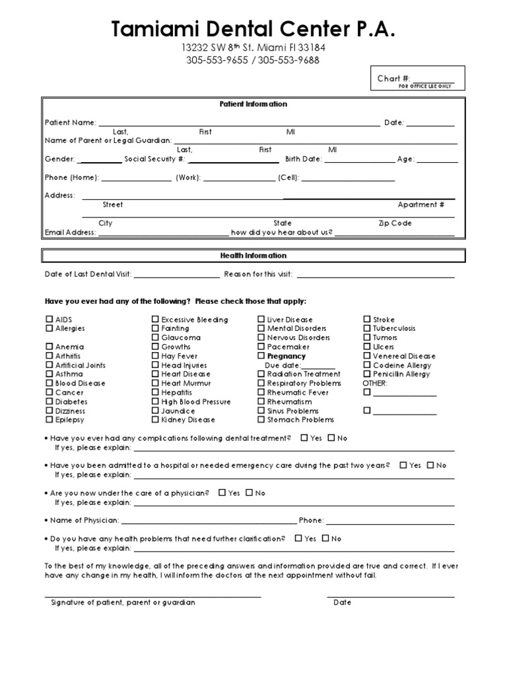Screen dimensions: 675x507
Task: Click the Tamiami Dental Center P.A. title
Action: point(253,29)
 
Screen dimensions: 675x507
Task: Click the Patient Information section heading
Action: point(253,104)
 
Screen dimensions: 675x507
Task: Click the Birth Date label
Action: point(303,159)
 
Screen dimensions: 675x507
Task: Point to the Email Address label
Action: point(70,233)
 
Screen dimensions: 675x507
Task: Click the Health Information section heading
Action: point(253,255)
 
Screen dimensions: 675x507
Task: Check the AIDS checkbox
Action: point(50,320)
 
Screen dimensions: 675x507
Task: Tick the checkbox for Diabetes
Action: point(50,401)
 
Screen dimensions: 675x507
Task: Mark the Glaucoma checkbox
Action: point(155,337)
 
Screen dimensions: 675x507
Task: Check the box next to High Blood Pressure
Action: point(155,401)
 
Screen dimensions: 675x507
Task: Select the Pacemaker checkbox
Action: point(261,347)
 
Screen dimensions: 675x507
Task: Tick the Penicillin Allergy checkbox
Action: point(367,374)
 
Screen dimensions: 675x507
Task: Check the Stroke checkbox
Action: point(367,320)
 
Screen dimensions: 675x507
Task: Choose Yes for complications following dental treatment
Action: point(304,438)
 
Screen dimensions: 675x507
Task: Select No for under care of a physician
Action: point(249,492)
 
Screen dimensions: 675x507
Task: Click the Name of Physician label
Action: point(85,520)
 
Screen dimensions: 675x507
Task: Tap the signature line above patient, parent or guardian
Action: point(152,596)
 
